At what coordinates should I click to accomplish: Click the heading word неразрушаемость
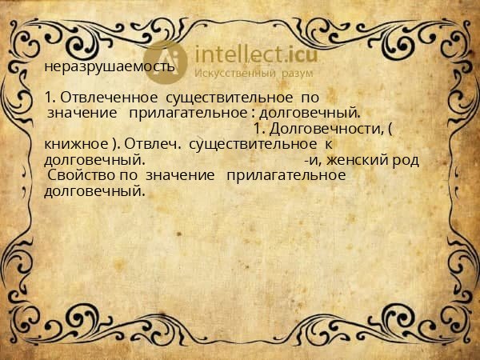coord(110,66)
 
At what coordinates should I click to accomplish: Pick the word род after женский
coord(405,159)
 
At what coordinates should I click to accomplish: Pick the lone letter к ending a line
coord(327,144)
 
